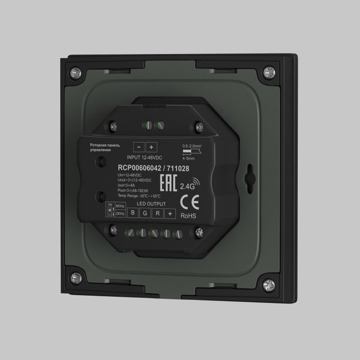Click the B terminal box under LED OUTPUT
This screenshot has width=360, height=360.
133,213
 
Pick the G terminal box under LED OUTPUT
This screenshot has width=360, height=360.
145,213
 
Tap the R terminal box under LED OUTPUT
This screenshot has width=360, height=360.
157,213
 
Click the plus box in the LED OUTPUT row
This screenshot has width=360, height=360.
170,213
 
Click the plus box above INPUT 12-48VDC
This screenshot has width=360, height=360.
151,147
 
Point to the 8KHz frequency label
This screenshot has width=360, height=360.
120,206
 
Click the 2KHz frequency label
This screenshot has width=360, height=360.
120,213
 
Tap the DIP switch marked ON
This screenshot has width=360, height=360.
110,210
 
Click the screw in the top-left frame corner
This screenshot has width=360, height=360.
75,70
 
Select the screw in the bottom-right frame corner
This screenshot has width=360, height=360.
267,284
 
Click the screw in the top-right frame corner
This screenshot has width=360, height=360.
268,73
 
